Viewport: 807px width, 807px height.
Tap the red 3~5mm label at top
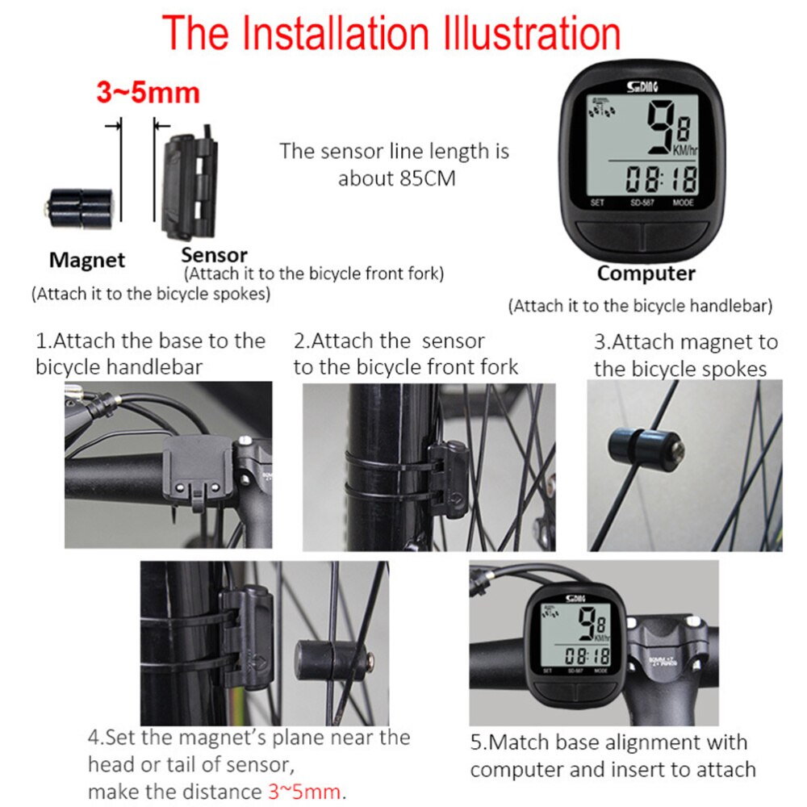(x=148, y=92)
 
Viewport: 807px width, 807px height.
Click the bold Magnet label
(x=87, y=260)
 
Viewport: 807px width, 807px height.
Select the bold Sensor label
(x=214, y=257)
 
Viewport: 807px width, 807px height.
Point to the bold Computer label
(x=646, y=273)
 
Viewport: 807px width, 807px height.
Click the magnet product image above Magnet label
(x=77, y=207)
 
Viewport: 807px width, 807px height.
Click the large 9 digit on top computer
(x=662, y=129)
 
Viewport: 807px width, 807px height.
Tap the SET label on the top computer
(x=597, y=203)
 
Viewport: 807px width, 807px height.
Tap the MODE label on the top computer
(x=683, y=203)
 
